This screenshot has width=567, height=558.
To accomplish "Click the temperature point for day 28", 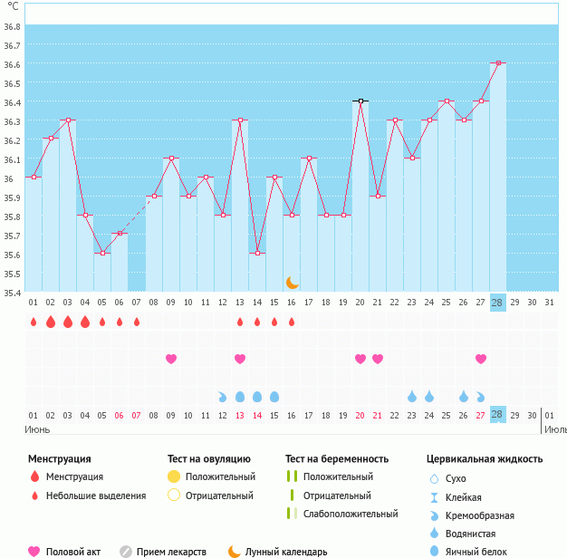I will tap(498, 63).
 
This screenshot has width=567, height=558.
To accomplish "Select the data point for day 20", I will tap(360, 101).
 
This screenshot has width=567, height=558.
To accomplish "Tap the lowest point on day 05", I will tap(102, 253).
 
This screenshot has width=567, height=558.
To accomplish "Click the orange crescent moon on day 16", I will tap(292, 283).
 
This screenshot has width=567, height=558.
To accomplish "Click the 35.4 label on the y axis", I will tap(12, 293).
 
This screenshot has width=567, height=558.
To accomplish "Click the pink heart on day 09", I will tap(171, 359).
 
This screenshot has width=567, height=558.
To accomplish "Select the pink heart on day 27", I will tap(481, 359).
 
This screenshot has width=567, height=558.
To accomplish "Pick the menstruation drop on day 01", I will tap(33, 322).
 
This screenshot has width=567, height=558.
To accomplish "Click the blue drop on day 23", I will tap(412, 396).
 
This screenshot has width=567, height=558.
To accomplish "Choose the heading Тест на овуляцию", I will tap(208, 459).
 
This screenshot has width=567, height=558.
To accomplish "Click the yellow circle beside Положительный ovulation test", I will tap(174, 476).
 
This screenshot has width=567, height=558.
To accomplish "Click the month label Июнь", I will tap(37, 428).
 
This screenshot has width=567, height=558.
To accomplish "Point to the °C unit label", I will tap(13, 7).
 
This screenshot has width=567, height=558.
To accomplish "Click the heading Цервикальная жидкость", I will tap(484, 459).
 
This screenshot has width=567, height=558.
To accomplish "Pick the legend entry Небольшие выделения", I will tap(97, 495).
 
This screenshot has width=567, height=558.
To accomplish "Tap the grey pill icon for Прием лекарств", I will tap(126, 551).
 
